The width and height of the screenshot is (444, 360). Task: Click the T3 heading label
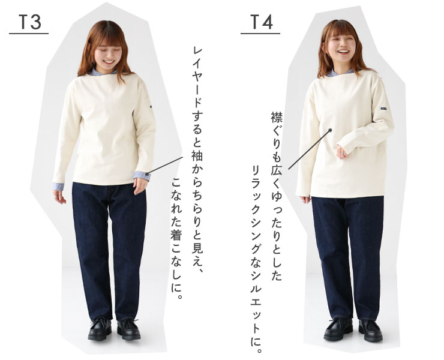tap(30, 22)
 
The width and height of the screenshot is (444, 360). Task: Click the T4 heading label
tap(262, 22)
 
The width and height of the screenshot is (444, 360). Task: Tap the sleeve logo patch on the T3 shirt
tap(151, 107)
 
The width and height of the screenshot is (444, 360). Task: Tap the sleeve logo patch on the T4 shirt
tap(384, 109)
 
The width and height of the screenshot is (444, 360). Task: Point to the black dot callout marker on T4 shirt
tap(330, 130)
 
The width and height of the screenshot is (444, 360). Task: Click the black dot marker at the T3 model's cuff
tap(147, 173)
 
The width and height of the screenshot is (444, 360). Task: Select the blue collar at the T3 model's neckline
tap(102, 72)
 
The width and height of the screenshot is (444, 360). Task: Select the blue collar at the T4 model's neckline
tap(339, 73)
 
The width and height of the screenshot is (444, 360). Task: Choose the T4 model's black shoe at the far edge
tap(370, 330)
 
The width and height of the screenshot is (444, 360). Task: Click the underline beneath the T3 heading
tap(29, 34)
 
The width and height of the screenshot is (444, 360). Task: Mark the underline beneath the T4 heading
tap(260, 34)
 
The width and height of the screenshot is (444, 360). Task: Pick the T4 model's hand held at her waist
tap(343, 152)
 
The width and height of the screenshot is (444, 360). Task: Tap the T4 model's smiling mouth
tap(343, 52)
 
